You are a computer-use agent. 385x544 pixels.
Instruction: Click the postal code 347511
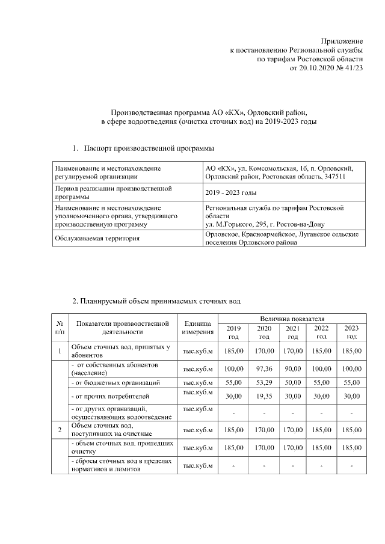coord(333,177)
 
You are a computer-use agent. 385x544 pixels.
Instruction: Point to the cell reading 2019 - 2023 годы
coord(230,192)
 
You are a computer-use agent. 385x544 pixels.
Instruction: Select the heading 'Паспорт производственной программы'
coord(149,148)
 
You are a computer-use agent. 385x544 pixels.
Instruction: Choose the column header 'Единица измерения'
coord(197,328)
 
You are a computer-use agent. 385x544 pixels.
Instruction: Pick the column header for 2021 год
coord(292,332)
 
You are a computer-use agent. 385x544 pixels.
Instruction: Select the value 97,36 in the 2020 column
coord(263,368)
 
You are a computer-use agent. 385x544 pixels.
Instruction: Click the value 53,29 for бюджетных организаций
coord(263,382)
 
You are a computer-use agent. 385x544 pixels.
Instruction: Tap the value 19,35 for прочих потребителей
coord(263,396)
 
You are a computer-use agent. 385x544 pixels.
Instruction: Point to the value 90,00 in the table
coord(292,368)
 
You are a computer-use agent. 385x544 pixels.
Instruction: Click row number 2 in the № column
coord(60,429)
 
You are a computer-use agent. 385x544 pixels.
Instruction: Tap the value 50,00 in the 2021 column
coord(292,382)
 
